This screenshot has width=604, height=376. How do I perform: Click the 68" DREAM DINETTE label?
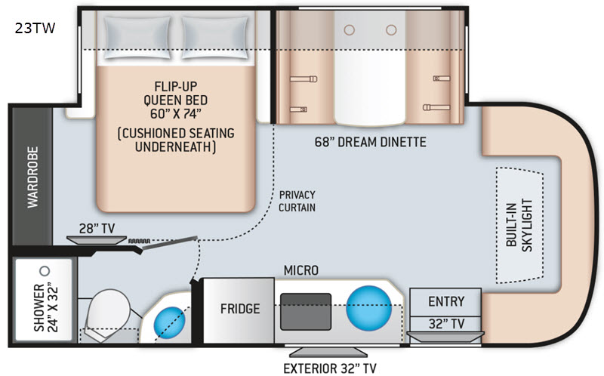point(370,142)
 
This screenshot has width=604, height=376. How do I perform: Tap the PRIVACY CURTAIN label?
point(297,201)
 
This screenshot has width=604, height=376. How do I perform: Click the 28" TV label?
point(97,228)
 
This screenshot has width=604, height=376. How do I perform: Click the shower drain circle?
point(44,270)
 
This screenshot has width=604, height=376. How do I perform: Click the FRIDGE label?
point(240,309)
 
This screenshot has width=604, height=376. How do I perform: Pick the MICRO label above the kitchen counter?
point(300,270)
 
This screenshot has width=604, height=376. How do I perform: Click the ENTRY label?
point(446,301)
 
